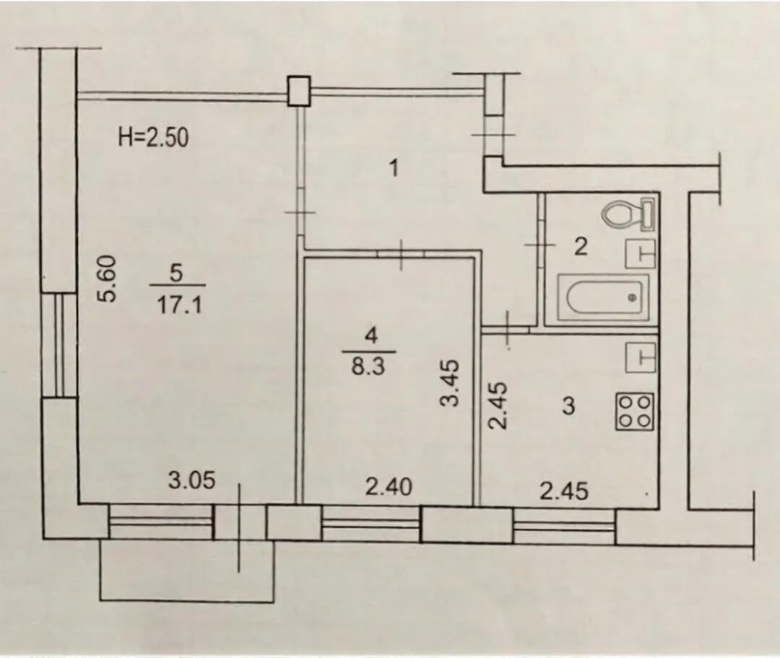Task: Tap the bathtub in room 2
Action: coord(603,297)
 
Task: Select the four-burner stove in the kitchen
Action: coord(635,411)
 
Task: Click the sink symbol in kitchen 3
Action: coord(641,357)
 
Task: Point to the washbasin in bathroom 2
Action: coord(641,253)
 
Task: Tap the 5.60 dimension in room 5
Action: coord(107,278)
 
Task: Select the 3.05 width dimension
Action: coord(192,481)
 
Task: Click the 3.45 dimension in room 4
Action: coord(450,383)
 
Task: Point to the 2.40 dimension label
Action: coord(389,487)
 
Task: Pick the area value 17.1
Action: coord(180,304)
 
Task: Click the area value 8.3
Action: coord(369,368)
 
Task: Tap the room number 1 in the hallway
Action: coord(394,169)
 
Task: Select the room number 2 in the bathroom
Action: coord(581,247)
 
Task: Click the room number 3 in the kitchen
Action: coord(568,406)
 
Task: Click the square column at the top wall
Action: coord(299,91)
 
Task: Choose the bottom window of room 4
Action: coord(371,523)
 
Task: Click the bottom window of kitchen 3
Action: coord(565,526)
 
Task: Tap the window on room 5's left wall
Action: coord(60,345)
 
